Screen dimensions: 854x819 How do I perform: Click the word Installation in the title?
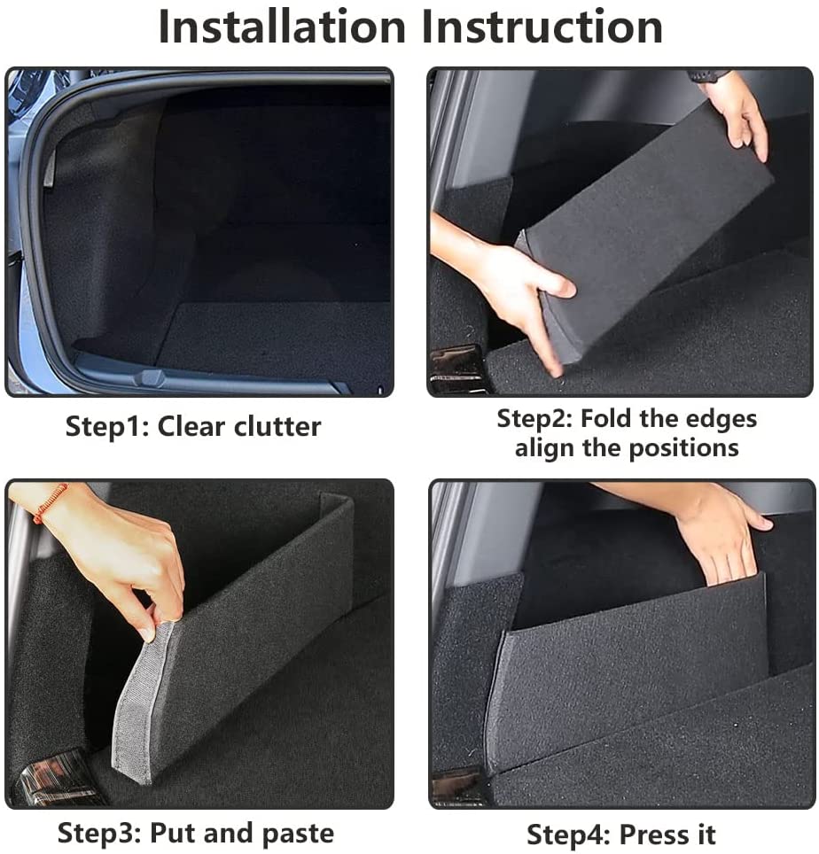pyautogui.click(x=283, y=27)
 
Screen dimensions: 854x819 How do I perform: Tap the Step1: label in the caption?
pyautogui.click(x=107, y=426)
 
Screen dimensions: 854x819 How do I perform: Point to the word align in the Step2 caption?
pyautogui.click(x=545, y=447)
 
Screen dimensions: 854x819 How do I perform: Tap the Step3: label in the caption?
pyautogui.click(x=99, y=834)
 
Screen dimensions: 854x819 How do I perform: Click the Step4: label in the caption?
pyautogui.click(x=568, y=835)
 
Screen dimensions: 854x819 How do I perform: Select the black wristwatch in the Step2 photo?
pyautogui.click(x=709, y=76)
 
